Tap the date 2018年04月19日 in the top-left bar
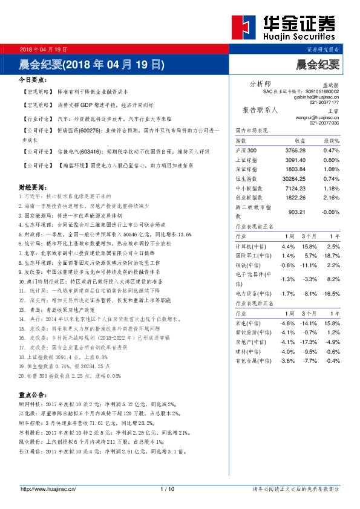click(x=43, y=49)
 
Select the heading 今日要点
click(x=33, y=80)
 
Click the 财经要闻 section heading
click(x=33, y=188)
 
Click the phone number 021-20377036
click(x=324, y=123)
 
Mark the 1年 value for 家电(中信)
click(x=333, y=323)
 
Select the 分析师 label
click(x=261, y=83)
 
